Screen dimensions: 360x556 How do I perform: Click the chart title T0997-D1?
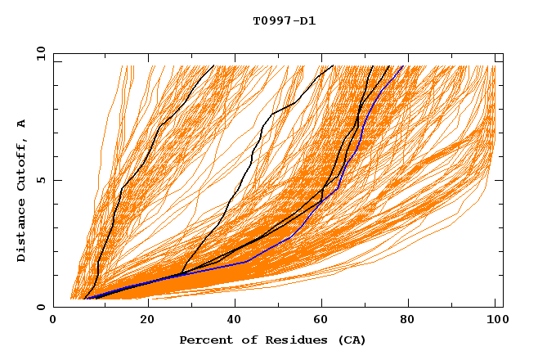284,21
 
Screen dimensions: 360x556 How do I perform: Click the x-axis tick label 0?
53,322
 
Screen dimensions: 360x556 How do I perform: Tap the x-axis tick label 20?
148,322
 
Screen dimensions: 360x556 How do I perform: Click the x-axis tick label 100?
495,322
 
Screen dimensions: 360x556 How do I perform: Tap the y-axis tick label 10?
39,53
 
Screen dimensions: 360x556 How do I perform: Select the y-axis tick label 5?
43,180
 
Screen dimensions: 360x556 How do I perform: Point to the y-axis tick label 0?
43,307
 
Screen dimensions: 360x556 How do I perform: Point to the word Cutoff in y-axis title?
22,164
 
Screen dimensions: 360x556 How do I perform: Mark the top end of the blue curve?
402,66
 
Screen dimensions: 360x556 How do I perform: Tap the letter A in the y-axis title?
22,123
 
